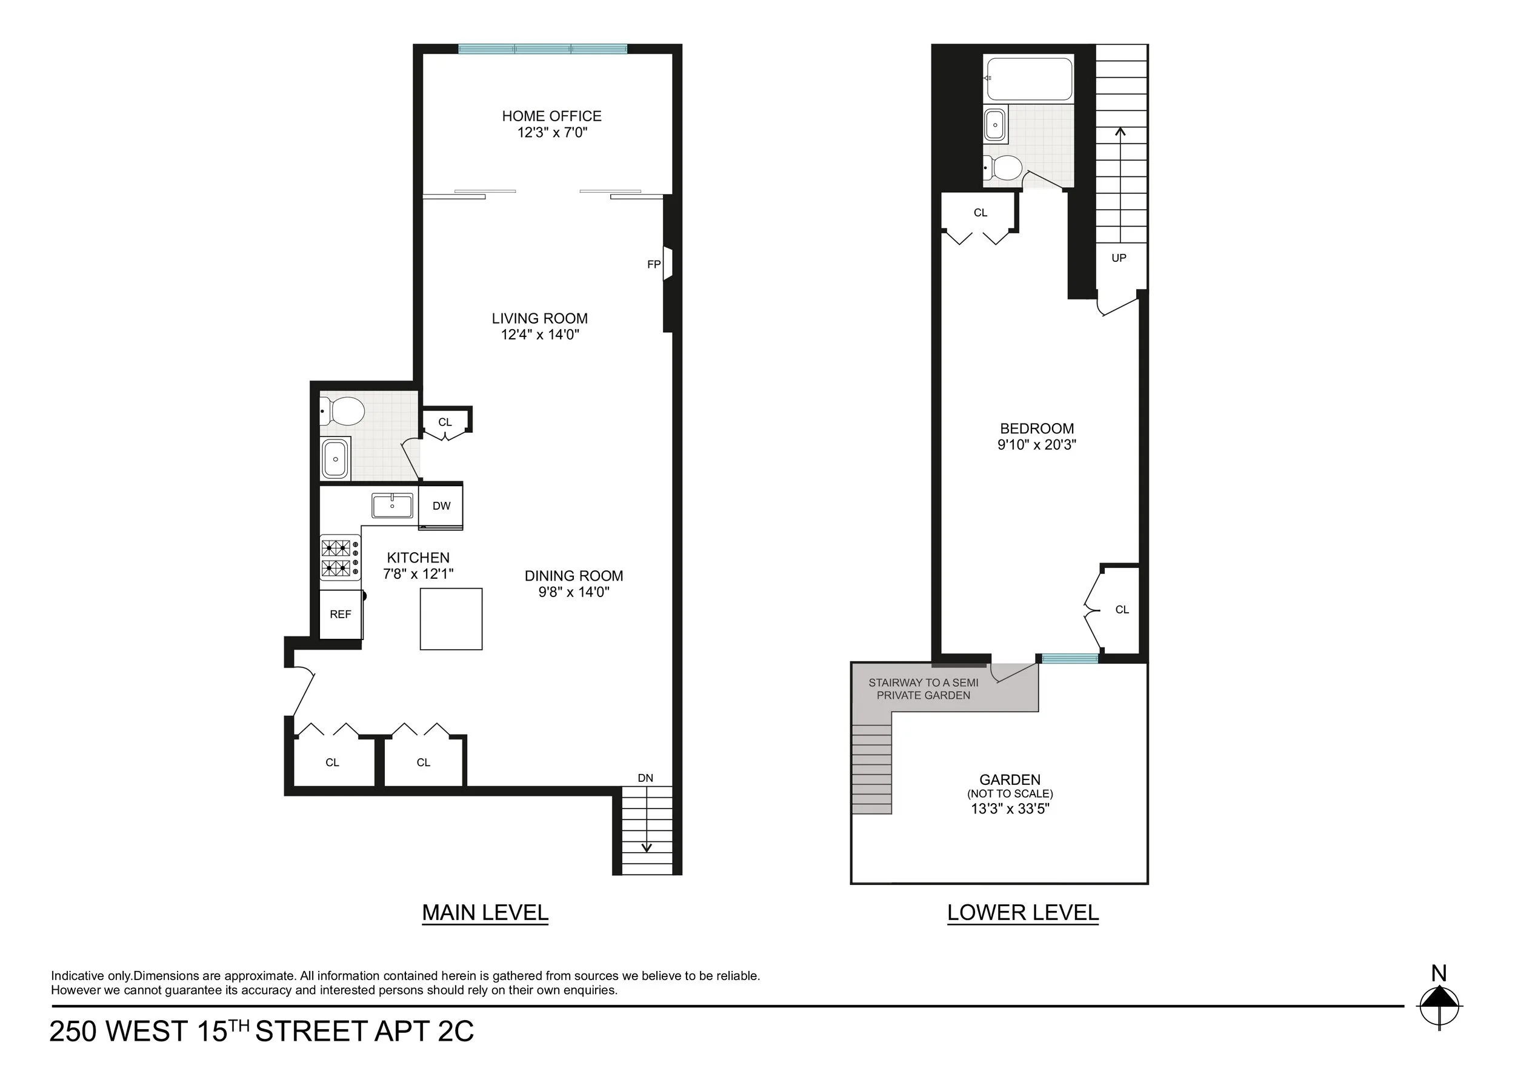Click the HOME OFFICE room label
tap(551, 116)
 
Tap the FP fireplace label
tap(653, 265)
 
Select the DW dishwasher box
tap(441, 506)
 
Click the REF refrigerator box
tap(341, 615)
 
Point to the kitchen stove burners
tap(336, 558)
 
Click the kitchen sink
tap(392, 506)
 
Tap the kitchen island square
tap(451, 619)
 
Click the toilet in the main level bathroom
tap(345, 412)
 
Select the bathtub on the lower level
tap(1028, 78)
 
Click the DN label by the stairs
tap(645, 778)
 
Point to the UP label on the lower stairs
tap(1119, 258)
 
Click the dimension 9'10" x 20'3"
tap(1037, 445)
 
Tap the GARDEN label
tap(1010, 779)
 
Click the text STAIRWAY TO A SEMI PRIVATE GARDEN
tap(923, 689)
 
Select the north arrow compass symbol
tap(1439, 1007)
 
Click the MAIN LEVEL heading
tap(485, 913)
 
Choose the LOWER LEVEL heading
tap(1023, 913)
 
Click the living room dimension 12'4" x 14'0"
tap(540, 335)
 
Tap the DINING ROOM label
tap(573, 575)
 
